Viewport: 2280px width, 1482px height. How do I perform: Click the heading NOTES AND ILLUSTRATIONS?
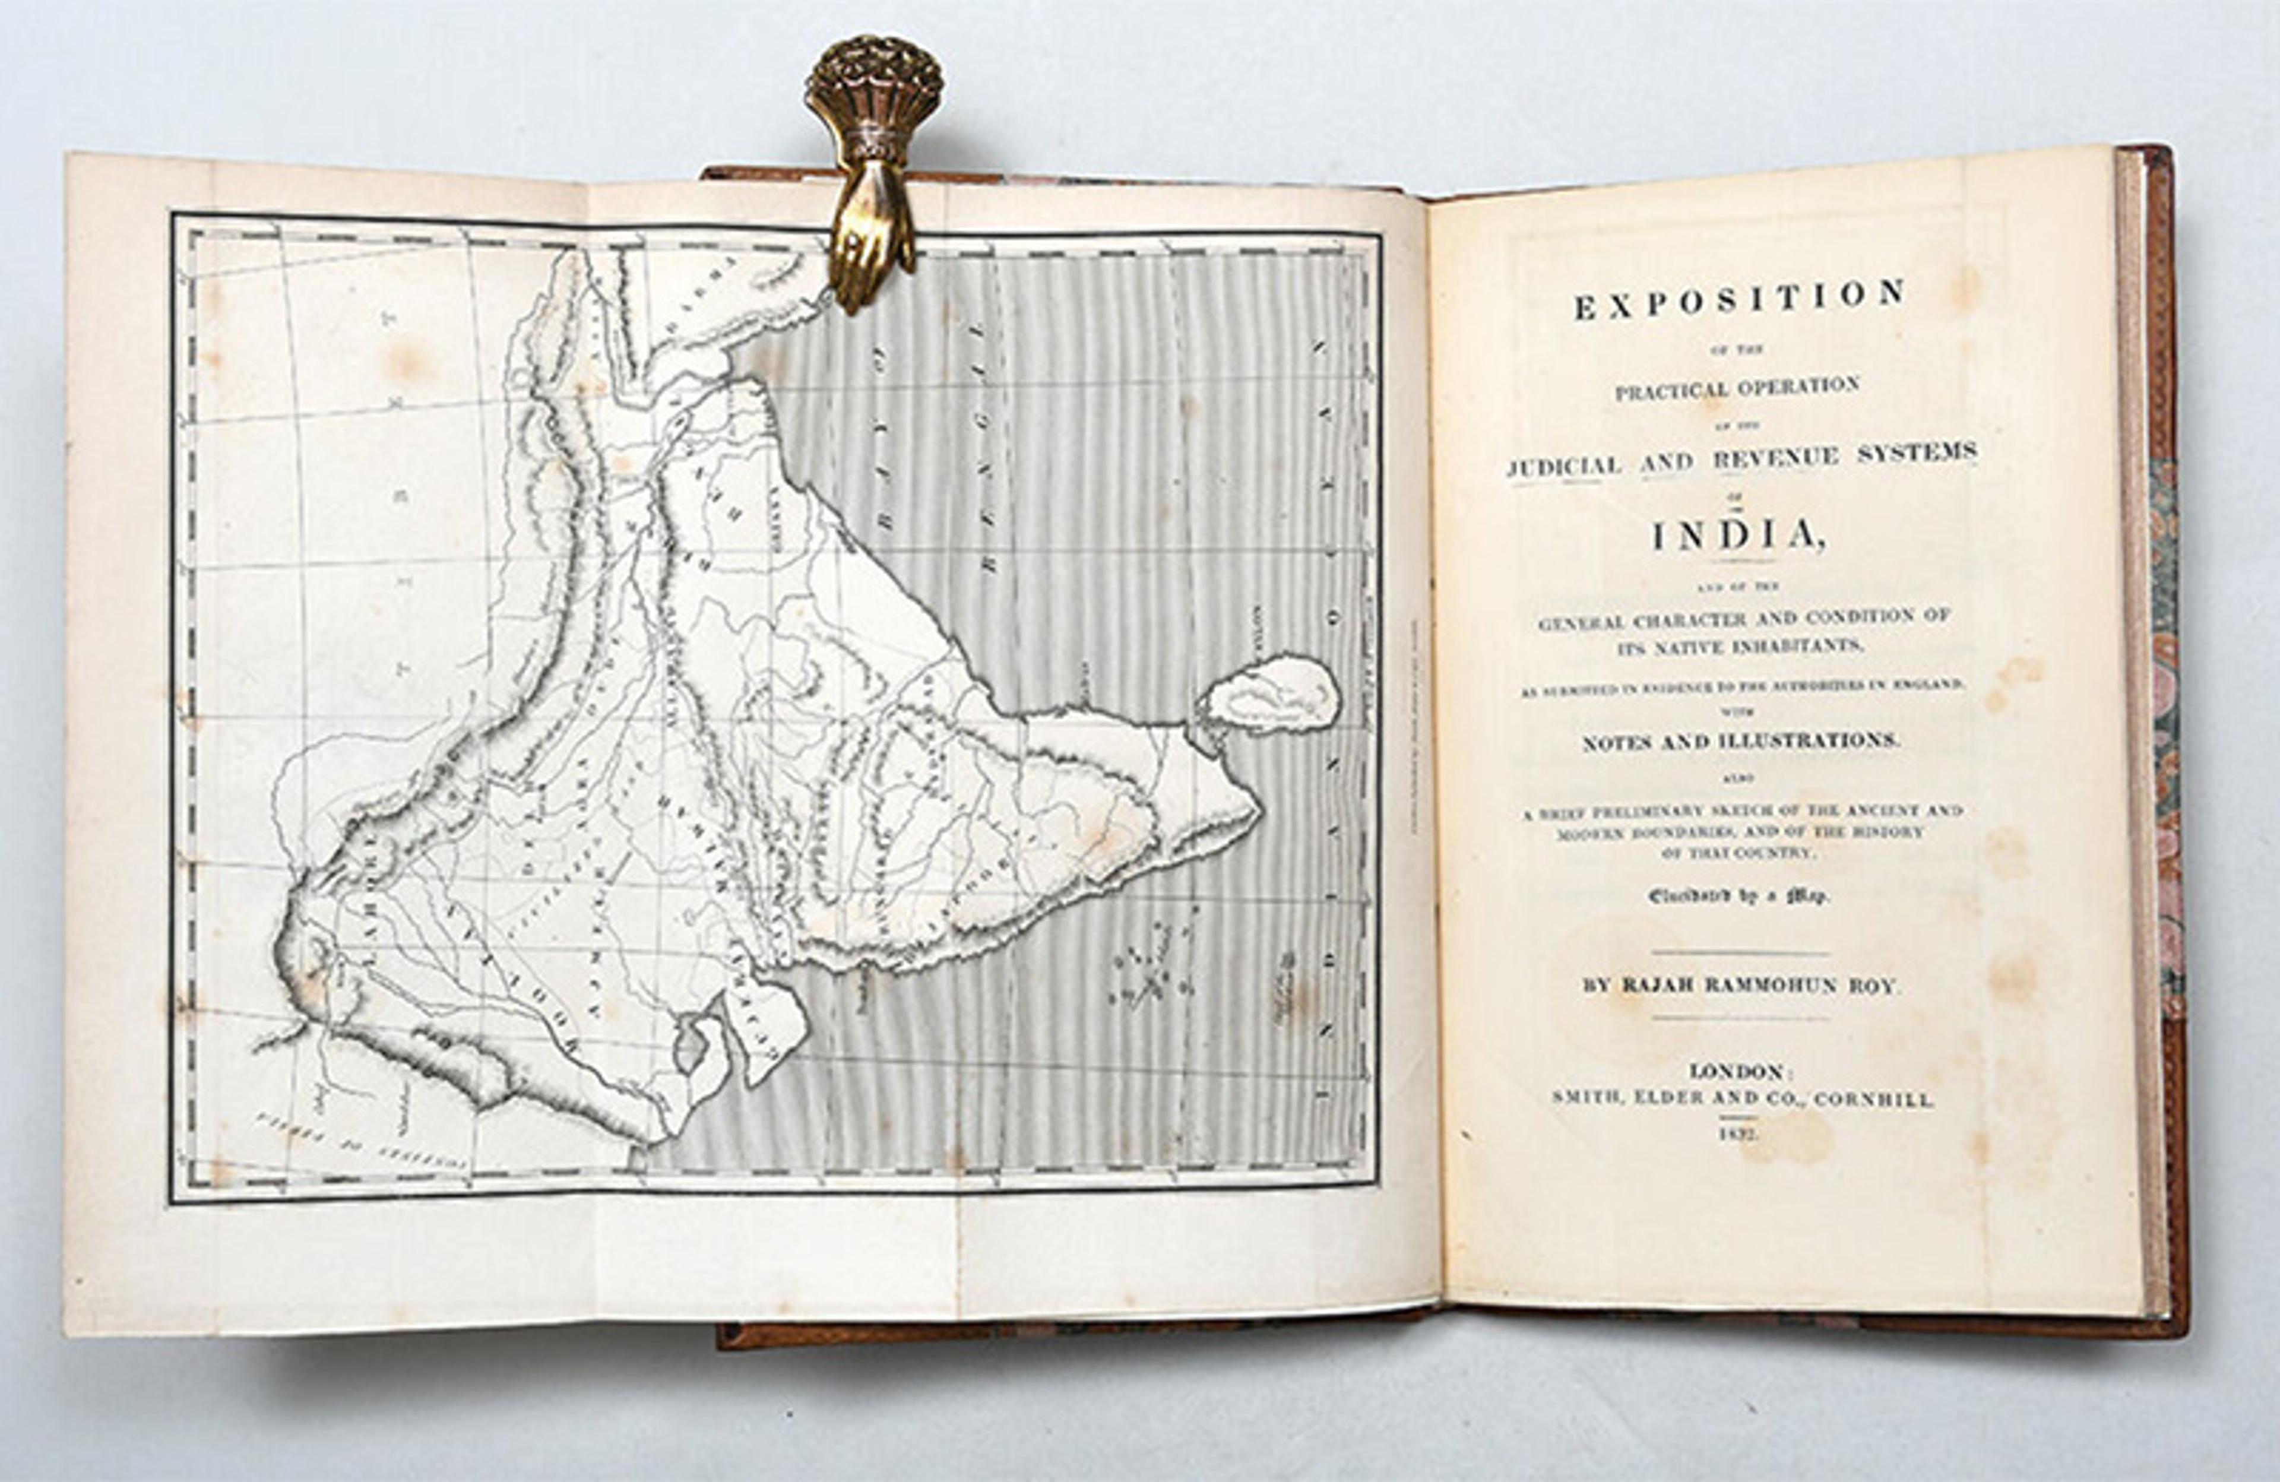coord(1738,740)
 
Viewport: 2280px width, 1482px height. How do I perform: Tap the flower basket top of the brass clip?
coord(873,81)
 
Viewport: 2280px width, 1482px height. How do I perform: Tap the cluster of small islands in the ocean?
coord(1149,968)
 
